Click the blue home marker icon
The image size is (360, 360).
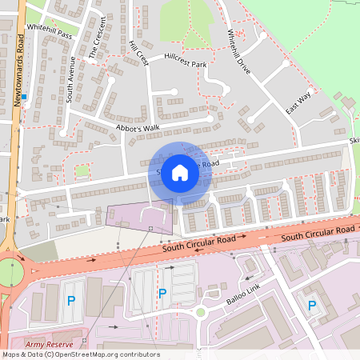180,171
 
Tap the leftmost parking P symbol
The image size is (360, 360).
70,301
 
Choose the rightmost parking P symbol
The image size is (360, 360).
312,305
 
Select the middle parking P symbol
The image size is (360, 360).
162,294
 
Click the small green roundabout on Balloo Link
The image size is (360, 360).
201,312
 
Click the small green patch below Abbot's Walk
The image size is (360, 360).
82,170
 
